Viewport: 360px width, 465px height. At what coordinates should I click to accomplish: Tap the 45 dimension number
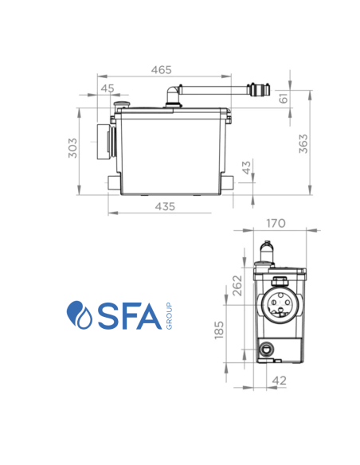point(108,88)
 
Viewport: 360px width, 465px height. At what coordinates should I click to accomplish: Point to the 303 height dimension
point(72,149)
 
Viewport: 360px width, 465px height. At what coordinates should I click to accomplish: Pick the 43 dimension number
point(246,169)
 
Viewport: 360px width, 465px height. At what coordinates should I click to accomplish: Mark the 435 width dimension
point(165,206)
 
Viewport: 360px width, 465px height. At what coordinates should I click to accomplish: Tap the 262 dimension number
point(237,284)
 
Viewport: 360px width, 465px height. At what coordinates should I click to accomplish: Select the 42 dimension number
point(279,381)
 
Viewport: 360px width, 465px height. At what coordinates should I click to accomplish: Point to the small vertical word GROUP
point(169,315)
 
